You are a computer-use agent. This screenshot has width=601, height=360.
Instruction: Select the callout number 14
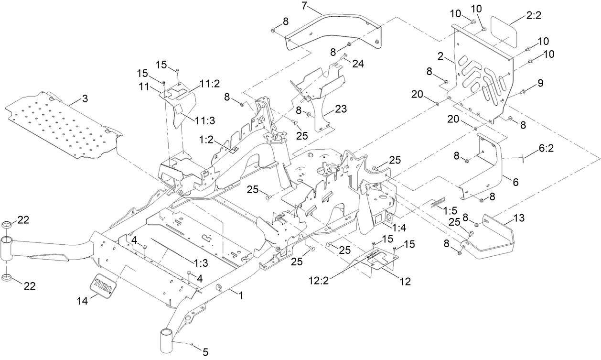[82, 301]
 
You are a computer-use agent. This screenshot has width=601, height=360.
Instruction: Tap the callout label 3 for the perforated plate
[85, 99]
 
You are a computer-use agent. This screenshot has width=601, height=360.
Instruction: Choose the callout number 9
[540, 83]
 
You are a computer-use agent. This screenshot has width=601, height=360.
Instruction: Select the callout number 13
[519, 218]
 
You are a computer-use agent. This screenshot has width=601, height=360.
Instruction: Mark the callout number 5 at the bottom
[205, 352]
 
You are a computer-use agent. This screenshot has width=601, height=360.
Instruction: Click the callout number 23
[341, 109]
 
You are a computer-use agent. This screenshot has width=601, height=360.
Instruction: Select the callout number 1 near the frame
[241, 296]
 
